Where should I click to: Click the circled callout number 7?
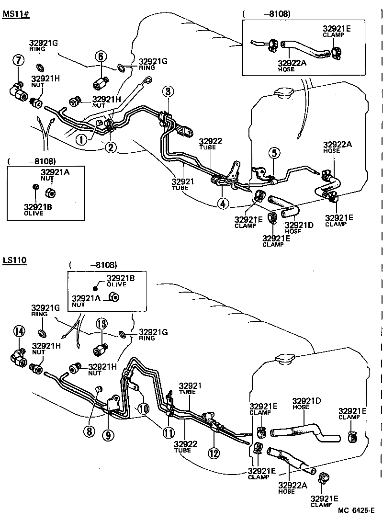[x=18, y=60]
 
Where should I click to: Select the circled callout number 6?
[x=100, y=56]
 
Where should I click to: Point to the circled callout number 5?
[x=273, y=153]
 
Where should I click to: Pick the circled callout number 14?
[x=19, y=330]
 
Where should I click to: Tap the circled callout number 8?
[x=88, y=431]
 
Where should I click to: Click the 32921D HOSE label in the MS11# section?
[x=300, y=228]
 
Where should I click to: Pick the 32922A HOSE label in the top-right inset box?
[x=290, y=65]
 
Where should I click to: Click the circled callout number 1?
[x=82, y=139]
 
